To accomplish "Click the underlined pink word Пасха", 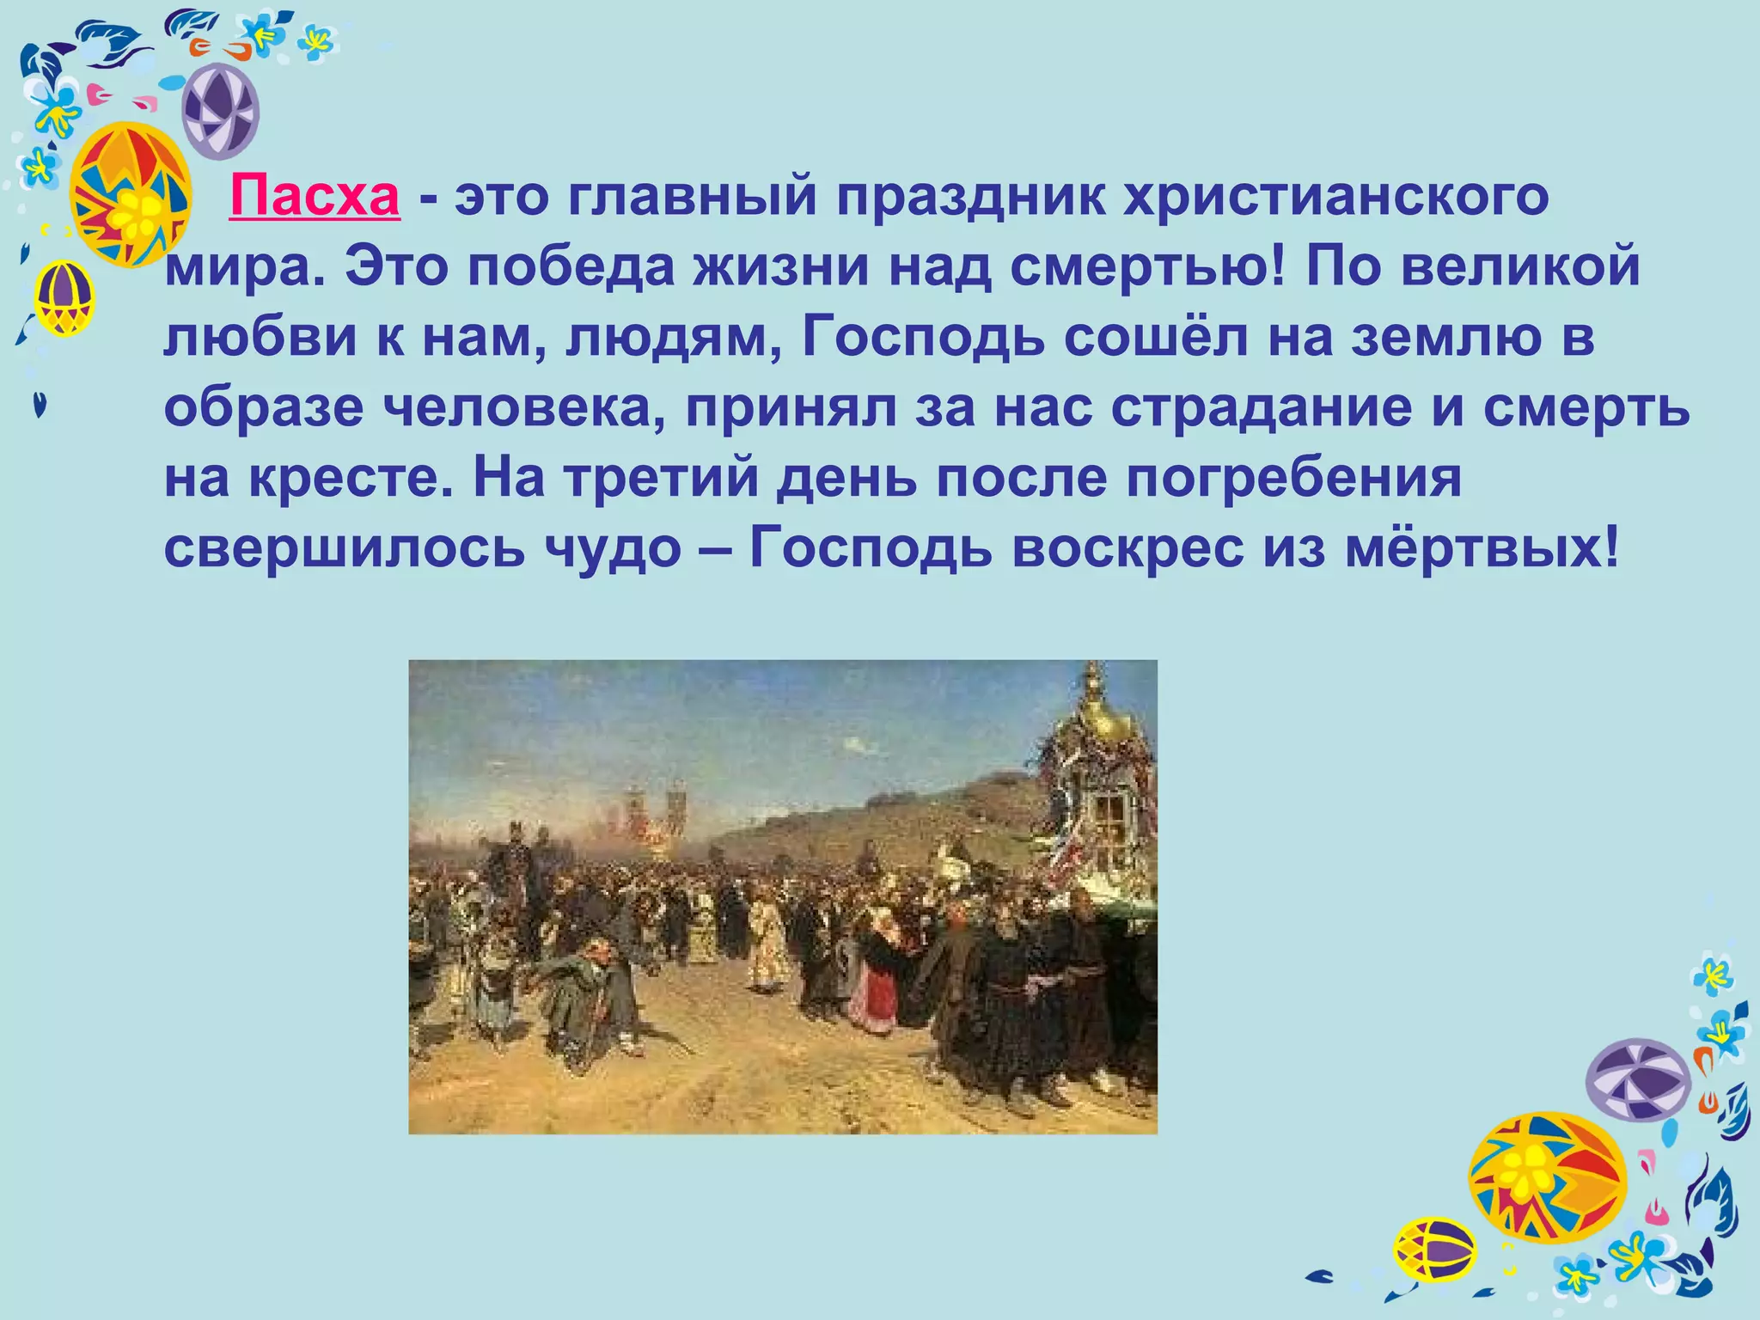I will point(315,197).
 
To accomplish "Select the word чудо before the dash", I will point(613,548).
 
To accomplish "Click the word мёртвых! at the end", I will point(1482,548).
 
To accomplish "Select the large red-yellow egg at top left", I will point(130,194).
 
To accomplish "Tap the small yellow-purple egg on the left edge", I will point(64,297).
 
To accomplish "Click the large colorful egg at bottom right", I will point(1546,1177).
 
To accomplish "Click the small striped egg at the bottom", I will point(1433,1249).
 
